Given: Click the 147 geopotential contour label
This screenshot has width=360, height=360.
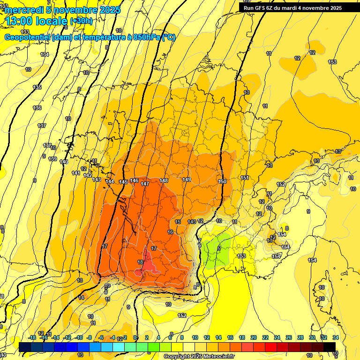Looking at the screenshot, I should click(145, 184).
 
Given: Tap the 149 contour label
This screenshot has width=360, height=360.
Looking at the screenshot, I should click(187, 180).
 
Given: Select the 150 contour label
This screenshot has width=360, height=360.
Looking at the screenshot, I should click(222, 181).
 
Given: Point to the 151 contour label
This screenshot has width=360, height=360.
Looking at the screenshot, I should click(245, 178).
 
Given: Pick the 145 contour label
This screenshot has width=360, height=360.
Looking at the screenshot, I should click(123, 182).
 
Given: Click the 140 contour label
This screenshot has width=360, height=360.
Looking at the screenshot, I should click(64, 162).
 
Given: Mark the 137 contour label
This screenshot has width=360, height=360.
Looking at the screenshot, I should click(42, 126).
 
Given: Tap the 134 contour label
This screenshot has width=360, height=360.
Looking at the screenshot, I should click(45, 55).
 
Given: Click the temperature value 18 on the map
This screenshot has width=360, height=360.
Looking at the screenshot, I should click(140, 262).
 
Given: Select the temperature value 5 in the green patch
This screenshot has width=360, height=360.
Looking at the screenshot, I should click(219, 248).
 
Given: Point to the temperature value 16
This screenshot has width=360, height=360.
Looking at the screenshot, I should click(170, 232).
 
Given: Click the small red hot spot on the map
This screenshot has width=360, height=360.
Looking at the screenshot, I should click(148, 266).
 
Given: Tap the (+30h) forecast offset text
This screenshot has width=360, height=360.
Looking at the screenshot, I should click(81, 21).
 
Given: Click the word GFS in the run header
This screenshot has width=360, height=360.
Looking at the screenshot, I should click(260, 8).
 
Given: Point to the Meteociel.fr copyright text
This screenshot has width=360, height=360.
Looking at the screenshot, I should click(199, 356).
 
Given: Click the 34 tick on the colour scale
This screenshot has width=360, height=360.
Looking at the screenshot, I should click(335, 337).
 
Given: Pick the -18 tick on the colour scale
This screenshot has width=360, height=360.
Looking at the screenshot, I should click(32, 337).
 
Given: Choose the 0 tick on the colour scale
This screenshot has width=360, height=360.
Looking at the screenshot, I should click(135, 337).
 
